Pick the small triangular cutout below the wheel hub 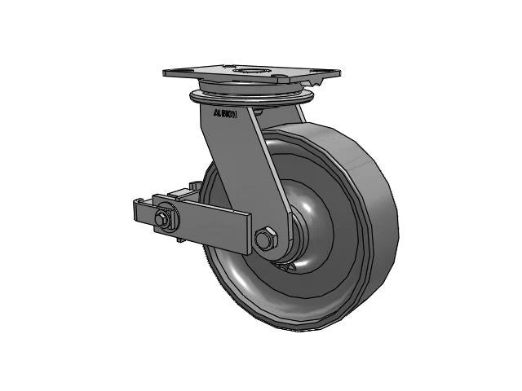(x=285, y=266)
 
